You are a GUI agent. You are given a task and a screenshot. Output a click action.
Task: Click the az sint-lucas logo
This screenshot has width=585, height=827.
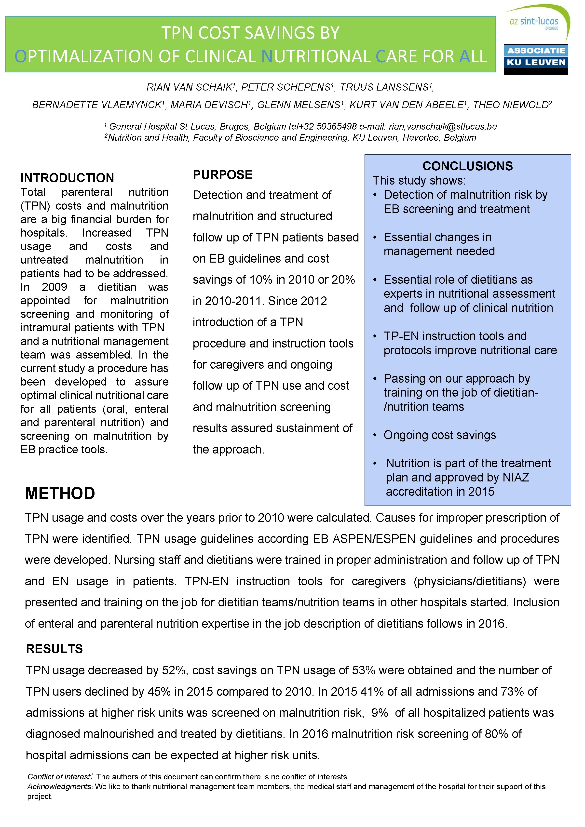pos(536,22)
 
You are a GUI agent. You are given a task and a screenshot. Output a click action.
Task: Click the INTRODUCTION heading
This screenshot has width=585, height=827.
pos(67,178)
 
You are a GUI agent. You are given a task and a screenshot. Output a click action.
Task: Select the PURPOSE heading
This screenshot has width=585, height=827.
pos(222,175)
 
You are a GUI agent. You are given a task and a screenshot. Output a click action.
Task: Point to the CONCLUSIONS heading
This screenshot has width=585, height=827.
pos(467,166)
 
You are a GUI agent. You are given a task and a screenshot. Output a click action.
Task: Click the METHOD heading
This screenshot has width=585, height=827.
pos(60,493)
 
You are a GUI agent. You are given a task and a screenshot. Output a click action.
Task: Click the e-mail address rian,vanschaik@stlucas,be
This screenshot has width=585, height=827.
pos(443,126)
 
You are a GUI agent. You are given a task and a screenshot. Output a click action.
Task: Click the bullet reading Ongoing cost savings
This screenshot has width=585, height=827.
pos(439,435)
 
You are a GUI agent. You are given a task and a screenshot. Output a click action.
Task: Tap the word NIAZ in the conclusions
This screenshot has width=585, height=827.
pos(516,477)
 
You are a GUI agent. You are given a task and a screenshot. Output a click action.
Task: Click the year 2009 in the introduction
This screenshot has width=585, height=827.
pos(54,287)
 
